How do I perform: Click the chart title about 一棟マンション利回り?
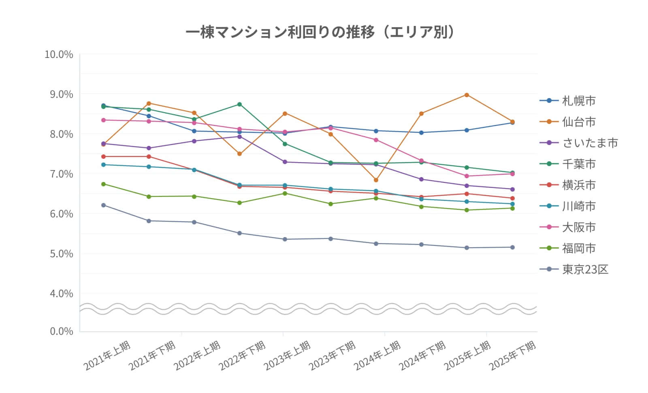tap(320, 32)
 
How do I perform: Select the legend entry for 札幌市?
tap(578, 100)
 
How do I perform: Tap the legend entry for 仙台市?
tap(578, 122)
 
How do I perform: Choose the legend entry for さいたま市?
tap(589, 143)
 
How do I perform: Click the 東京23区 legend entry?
tap(585, 269)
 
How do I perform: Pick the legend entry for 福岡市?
tap(578, 248)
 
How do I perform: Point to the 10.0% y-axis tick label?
tap(59, 54)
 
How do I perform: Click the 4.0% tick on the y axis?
tap(61, 293)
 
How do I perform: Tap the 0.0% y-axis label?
tap(61, 331)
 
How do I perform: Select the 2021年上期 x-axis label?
tap(108, 356)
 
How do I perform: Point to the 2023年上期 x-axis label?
tap(288, 356)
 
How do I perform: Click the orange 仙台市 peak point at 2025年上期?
tap(467, 95)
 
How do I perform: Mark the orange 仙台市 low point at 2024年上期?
tap(376, 180)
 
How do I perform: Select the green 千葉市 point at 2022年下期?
tap(239, 104)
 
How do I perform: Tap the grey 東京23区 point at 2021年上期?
tap(103, 205)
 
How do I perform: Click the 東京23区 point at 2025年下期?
tap(512, 247)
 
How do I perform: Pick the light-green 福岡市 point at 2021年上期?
tap(103, 184)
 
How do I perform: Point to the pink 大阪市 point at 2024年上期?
tap(376, 140)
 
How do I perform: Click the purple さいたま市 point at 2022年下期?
tap(239, 137)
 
